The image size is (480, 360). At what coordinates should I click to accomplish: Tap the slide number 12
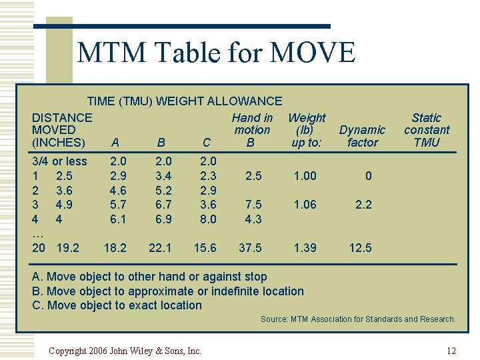[x=451, y=351]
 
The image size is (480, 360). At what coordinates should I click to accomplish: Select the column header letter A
[x=115, y=143]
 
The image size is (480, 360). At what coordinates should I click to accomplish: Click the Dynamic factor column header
[x=362, y=136]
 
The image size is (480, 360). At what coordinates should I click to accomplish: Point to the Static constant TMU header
[x=427, y=130]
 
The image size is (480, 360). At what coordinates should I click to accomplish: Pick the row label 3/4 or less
[x=59, y=161]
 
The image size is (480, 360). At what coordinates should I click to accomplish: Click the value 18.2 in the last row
[x=115, y=248]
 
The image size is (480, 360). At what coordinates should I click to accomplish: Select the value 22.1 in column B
[x=160, y=248]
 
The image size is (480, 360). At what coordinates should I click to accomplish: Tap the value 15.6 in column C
[x=205, y=248]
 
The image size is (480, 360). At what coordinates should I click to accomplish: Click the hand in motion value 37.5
[x=250, y=248]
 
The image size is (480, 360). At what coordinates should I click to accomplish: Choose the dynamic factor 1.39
[x=305, y=248]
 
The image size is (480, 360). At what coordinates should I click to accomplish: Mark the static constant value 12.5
[x=361, y=248]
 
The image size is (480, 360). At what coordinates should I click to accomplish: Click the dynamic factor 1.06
[x=305, y=205]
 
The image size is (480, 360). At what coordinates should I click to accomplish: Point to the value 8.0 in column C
[x=208, y=219]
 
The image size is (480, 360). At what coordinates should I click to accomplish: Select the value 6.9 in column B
[x=163, y=219]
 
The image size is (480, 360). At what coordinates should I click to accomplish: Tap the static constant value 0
[x=368, y=176]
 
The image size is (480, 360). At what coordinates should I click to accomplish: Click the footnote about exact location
[x=117, y=305]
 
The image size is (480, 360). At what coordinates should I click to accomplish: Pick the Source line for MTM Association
[x=358, y=319]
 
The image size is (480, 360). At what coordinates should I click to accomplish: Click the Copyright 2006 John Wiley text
[x=125, y=351]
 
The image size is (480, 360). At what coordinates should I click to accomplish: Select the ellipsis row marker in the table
[x=37, y=233]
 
